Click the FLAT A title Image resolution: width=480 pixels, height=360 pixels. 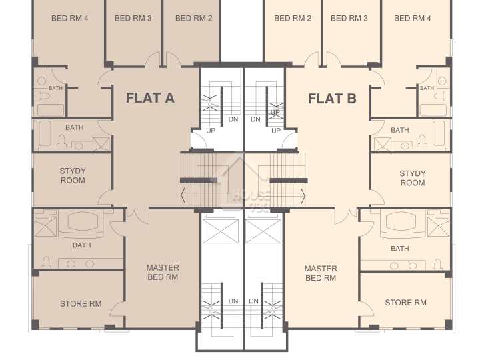point(150,98)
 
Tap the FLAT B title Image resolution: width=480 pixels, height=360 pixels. point(332,99)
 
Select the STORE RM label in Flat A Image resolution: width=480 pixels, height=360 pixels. point(81,304)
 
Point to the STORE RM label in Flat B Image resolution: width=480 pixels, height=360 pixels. point(405,303)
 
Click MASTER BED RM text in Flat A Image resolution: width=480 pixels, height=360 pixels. point(163,273)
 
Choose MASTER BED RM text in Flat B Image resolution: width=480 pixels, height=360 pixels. point(321,273)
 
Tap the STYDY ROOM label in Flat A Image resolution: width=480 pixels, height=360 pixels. point(73,175)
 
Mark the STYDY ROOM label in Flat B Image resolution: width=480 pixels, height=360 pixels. point(413,178)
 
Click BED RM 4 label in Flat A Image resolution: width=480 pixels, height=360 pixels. point(70,19)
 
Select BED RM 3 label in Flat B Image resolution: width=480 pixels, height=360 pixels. point(349,19)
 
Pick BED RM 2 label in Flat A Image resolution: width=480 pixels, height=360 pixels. point(194,19)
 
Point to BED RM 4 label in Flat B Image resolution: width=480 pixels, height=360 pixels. point(413,19)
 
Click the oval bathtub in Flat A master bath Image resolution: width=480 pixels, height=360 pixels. point(83,221)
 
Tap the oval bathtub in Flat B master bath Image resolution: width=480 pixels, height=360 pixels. point(401,221)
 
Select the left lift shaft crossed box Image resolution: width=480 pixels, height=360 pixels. point(221,231)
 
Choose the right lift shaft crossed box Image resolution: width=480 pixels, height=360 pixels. point(263,231)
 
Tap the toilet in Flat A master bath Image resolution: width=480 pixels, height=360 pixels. point(46,263)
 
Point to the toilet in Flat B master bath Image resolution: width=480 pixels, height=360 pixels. point(438,265)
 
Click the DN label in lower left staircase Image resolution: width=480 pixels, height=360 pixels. point(233,301)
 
